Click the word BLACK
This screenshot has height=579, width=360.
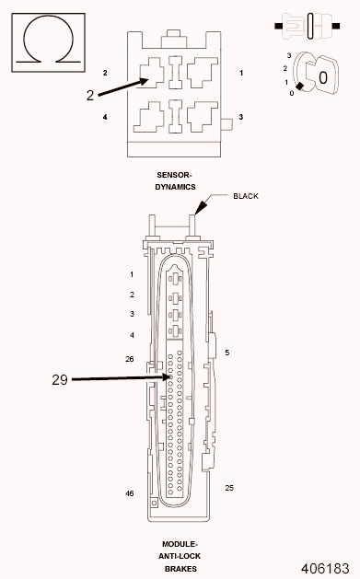[x=246, y=196]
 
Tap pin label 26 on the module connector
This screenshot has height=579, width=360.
[x=130, y=358]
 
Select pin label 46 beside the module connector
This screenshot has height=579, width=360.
[x=130, y=493]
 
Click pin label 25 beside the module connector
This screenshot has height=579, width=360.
[x=229, y=488]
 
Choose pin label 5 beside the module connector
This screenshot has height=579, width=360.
[x=226, y=353]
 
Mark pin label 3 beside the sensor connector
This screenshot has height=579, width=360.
[x=241, y=117]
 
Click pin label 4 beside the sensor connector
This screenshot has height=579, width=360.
[x=105, y=117]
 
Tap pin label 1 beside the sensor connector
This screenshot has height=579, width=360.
[x=241, y=72]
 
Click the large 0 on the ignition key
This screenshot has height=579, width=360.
[x=323, y=79]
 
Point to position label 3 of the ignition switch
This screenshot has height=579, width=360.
[x=289, y=56]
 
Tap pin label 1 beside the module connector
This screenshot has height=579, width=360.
[x=132, y=274]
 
